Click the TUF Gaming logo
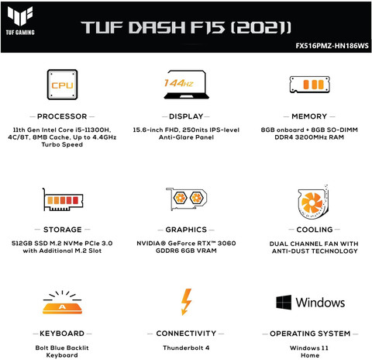pyautogui.click(x=20, y=20)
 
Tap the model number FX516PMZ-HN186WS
pyautogui.click(x=332, y=46)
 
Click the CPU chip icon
pyautogui.click(x=62, y=85)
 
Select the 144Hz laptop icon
pyautogui.click(x=186, y=85)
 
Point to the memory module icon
pyautogui.click(x=309, y=85)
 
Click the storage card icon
pyautogui.click(x=63, y=199)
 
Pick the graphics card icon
pyautogui.click(x=186, y=199)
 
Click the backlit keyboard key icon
pyautogui.click(x=62, y=302)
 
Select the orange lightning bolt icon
pyautogui.click(x=186, y=302)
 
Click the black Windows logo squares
pyautogui.click(x=284, y=302)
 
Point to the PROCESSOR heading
pyautogui.click(x=62, y=116)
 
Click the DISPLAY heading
pyautogui.click(x=186, y=116)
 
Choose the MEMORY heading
pyautogui.click(x=309, y=116)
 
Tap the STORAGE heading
pyautogui.click(x=63, y=230)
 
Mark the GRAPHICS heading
pyautogui.click(x=186, y=230)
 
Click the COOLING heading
pyautogui.click(x=315, y=230)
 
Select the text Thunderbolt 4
pyautogui.click(x=186, y=348)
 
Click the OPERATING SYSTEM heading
pyautogui.click(x=310, y=334)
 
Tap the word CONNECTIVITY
pyautogui.click(x=186, y=334)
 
